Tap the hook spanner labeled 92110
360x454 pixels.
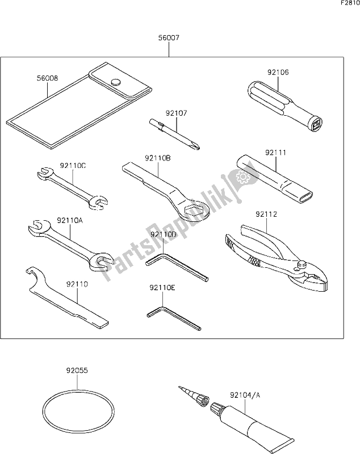coord(68,299)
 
